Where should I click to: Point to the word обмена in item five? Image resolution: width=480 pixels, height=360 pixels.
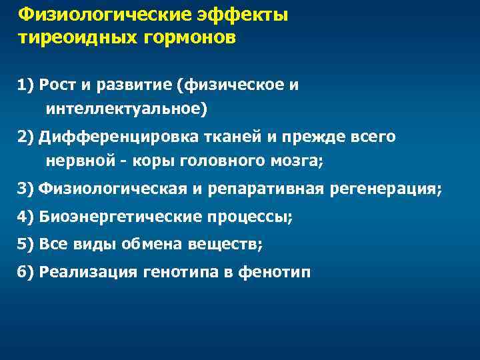[149, 245]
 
